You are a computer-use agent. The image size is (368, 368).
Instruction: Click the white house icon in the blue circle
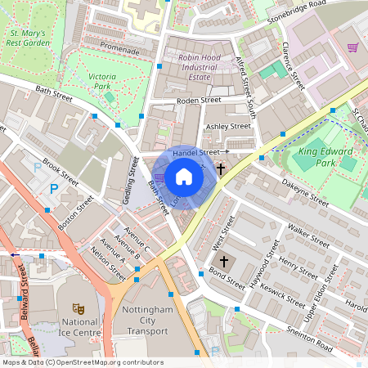click(184, 176)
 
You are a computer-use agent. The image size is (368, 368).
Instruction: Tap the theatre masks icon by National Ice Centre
click(79, 308)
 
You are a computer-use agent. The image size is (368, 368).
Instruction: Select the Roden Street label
click(200, 101)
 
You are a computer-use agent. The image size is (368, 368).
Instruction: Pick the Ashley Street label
click(228, 127)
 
